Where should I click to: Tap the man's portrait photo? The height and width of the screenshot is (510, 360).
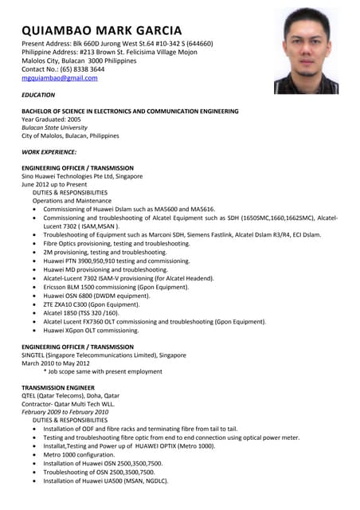tap(306, 51)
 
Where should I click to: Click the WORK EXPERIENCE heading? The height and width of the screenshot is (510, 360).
tap(49, 151)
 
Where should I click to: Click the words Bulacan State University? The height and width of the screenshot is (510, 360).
tap(54, 127)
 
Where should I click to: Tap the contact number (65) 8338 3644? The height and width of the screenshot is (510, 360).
tap(63, 69)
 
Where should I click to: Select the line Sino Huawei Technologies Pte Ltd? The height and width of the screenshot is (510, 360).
tap(82, 176)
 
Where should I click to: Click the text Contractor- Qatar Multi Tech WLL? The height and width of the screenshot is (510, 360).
tap(68, 403)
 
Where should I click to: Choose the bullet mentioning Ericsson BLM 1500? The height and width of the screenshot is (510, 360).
tap(115, 287)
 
